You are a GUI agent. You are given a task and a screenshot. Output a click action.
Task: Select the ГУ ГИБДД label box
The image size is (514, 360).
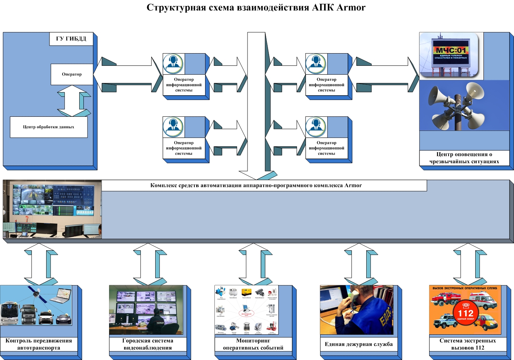pos(71,39)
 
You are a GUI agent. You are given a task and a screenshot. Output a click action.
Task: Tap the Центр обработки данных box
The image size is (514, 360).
pos(48,127)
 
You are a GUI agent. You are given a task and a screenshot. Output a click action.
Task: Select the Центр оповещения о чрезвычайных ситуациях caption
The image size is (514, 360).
pos(464,158)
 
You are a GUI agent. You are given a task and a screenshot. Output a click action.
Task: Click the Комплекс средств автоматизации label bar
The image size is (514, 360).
pos(256,185)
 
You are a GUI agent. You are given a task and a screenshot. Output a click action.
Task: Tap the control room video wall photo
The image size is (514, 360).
pos(52,209)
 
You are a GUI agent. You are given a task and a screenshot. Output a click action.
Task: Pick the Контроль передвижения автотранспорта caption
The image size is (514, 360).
pos(39,344)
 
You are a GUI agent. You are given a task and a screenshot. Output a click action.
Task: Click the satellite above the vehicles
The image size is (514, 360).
pos(36,294)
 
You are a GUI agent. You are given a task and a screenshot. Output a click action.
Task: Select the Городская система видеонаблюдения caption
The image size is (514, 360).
pos(147,344)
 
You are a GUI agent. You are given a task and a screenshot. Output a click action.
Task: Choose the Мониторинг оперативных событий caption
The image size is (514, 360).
pos(253,344)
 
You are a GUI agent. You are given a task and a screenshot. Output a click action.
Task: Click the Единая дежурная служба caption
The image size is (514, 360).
pos(358,344)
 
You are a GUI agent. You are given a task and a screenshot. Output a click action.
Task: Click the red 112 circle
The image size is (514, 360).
pos(465,314)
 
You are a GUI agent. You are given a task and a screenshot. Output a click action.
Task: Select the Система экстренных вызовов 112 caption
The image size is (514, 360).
pos(467,344)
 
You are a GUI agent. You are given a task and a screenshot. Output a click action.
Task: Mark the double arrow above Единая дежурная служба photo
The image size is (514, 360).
pos(359,264)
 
